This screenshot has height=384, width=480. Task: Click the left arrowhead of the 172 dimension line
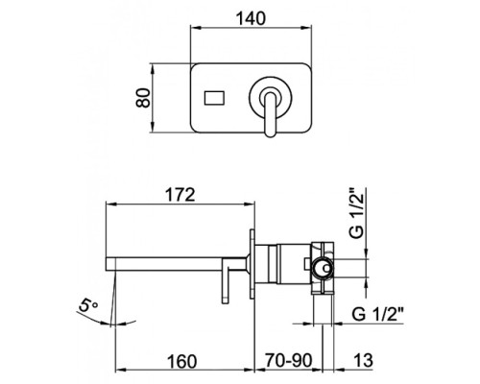[107, 205]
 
